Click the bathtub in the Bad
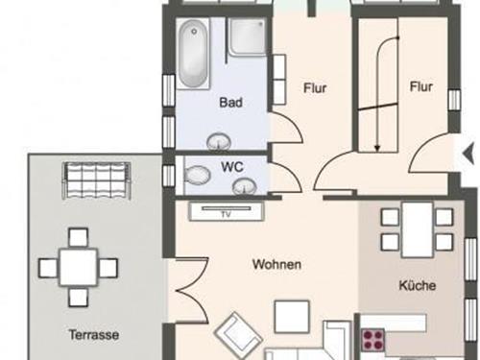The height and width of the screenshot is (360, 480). coord(193,53)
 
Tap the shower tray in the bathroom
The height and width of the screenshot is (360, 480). coord(247,36)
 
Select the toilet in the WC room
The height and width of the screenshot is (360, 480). coord(197,175)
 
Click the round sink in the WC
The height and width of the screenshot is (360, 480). coord(245,186)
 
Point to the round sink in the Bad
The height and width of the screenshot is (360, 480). coord(219,141)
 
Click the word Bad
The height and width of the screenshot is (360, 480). coord(230,103)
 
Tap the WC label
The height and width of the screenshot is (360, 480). coord(232,167)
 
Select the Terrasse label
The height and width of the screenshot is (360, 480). coord(94,335)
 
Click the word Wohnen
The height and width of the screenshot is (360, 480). coord(276,264)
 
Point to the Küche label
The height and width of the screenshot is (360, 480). coord(418,285)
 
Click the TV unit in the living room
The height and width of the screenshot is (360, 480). coord(227,211)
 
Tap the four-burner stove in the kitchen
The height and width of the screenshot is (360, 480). coord(373,339)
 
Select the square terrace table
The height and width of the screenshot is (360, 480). coord(79,267)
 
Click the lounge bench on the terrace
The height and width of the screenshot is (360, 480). coord(97,180)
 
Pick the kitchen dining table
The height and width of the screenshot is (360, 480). coord(418,229)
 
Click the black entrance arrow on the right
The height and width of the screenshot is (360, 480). coord(468,155)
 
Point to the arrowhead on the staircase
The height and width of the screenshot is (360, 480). coord(377,148)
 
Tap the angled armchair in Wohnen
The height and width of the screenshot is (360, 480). coord(238,335)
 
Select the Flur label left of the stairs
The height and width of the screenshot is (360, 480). coord(315,88)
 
